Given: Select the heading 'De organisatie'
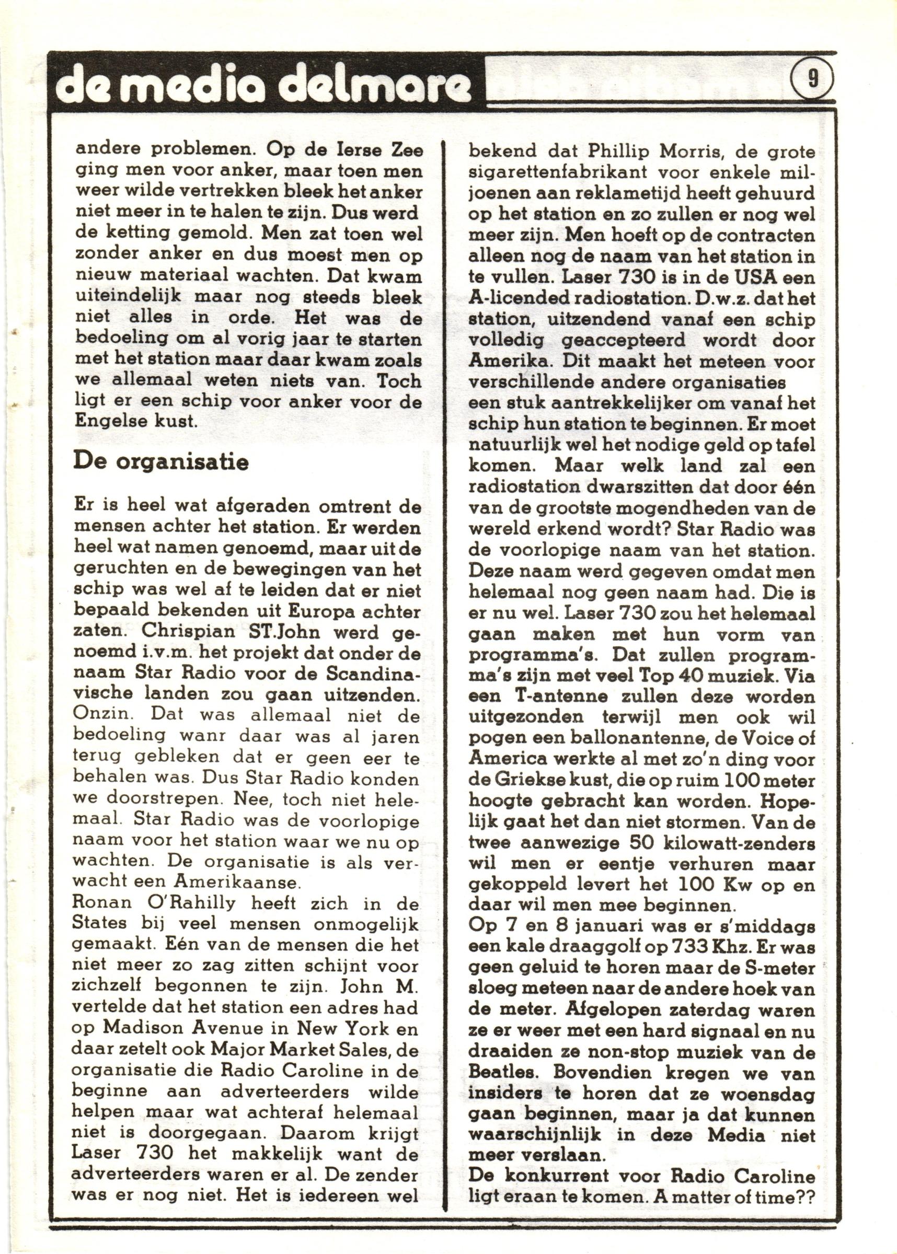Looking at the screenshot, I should (x=160, y=461).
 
